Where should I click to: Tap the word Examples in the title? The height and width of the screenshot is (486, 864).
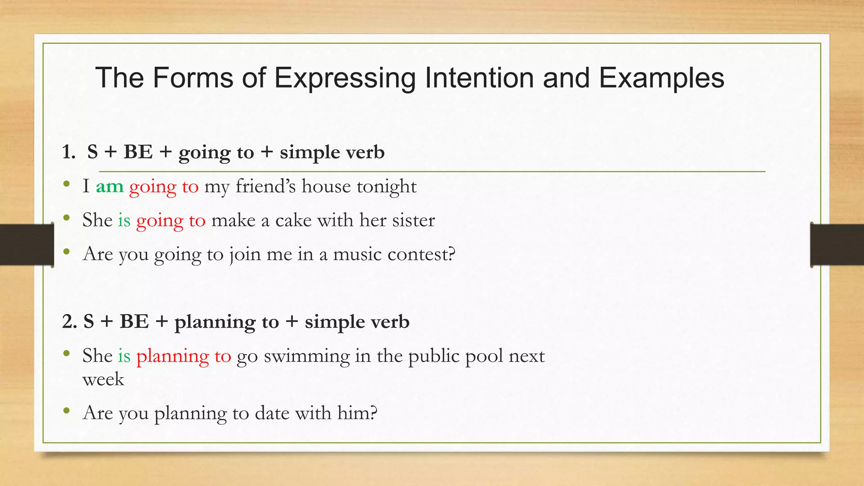click(x=661, y=78)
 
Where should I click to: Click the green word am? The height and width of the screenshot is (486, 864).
click(x=110, y=186)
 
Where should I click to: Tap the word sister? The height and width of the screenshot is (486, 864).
click(x=413, y=220)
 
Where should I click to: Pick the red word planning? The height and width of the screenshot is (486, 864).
click(x=173, y=356)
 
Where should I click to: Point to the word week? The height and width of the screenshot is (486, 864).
click(x=103, y=379)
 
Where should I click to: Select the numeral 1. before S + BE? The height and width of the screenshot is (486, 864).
click(x=68, y=152)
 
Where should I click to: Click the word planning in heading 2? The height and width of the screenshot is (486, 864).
click(x=215, y=322)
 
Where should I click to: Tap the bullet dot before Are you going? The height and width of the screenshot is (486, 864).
click(x=66, y=252)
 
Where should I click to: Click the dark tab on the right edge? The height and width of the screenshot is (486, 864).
click(x=837, y=245)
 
